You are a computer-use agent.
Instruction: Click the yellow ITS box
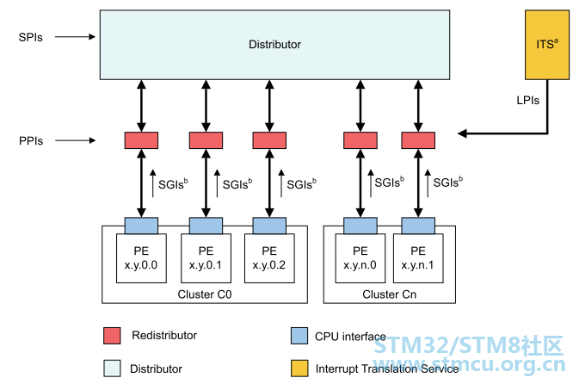[x=546, y=45]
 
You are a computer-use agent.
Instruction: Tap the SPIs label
[x=31, y=37]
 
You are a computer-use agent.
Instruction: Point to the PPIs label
[x=31, y=141]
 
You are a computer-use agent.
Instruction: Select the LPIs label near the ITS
[x=527, y=100]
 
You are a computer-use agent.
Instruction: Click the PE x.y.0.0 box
[x=141, y=258]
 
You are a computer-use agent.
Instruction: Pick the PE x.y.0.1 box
[x=206, y=258]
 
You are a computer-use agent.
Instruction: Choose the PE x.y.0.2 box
[x=269, y=258]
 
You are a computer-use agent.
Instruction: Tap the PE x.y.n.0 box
[x=360, y=258]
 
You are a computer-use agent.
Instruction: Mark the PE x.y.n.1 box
[x=418, y=258]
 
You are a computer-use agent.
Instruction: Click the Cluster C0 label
[x=205, y=294]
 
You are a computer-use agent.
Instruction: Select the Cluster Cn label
[x=389, y=294]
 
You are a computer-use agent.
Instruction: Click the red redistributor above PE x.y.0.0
[x=141, y=140]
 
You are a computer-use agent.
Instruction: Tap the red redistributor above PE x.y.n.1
[x=418, y=140]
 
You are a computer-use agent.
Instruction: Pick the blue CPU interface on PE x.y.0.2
[x=269, y=226]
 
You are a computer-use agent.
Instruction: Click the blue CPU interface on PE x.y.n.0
[x=360, y=226]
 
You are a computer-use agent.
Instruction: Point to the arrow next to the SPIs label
[x=75, y=36]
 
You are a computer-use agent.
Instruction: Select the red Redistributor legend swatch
[x=112, y=336]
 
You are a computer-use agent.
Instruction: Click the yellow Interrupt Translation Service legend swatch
[x=299, y=369]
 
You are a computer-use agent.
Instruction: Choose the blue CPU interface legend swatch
[x=299, y=336]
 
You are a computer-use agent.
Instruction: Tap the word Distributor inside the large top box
[x=274, y=45]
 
